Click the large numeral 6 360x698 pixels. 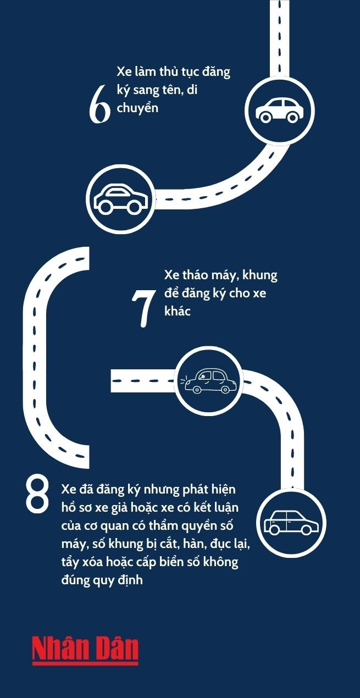pos(99,104)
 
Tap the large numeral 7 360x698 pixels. pos(143,308)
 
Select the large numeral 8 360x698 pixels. pos(37,495)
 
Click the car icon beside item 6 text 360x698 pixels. pos(280,110)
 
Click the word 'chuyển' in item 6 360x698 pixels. pos(137,108)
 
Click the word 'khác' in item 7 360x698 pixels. pos(178,311)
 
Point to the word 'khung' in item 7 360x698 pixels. pos(259,276)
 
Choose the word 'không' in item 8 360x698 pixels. pos(221,562)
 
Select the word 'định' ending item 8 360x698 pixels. pos(130,580)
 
